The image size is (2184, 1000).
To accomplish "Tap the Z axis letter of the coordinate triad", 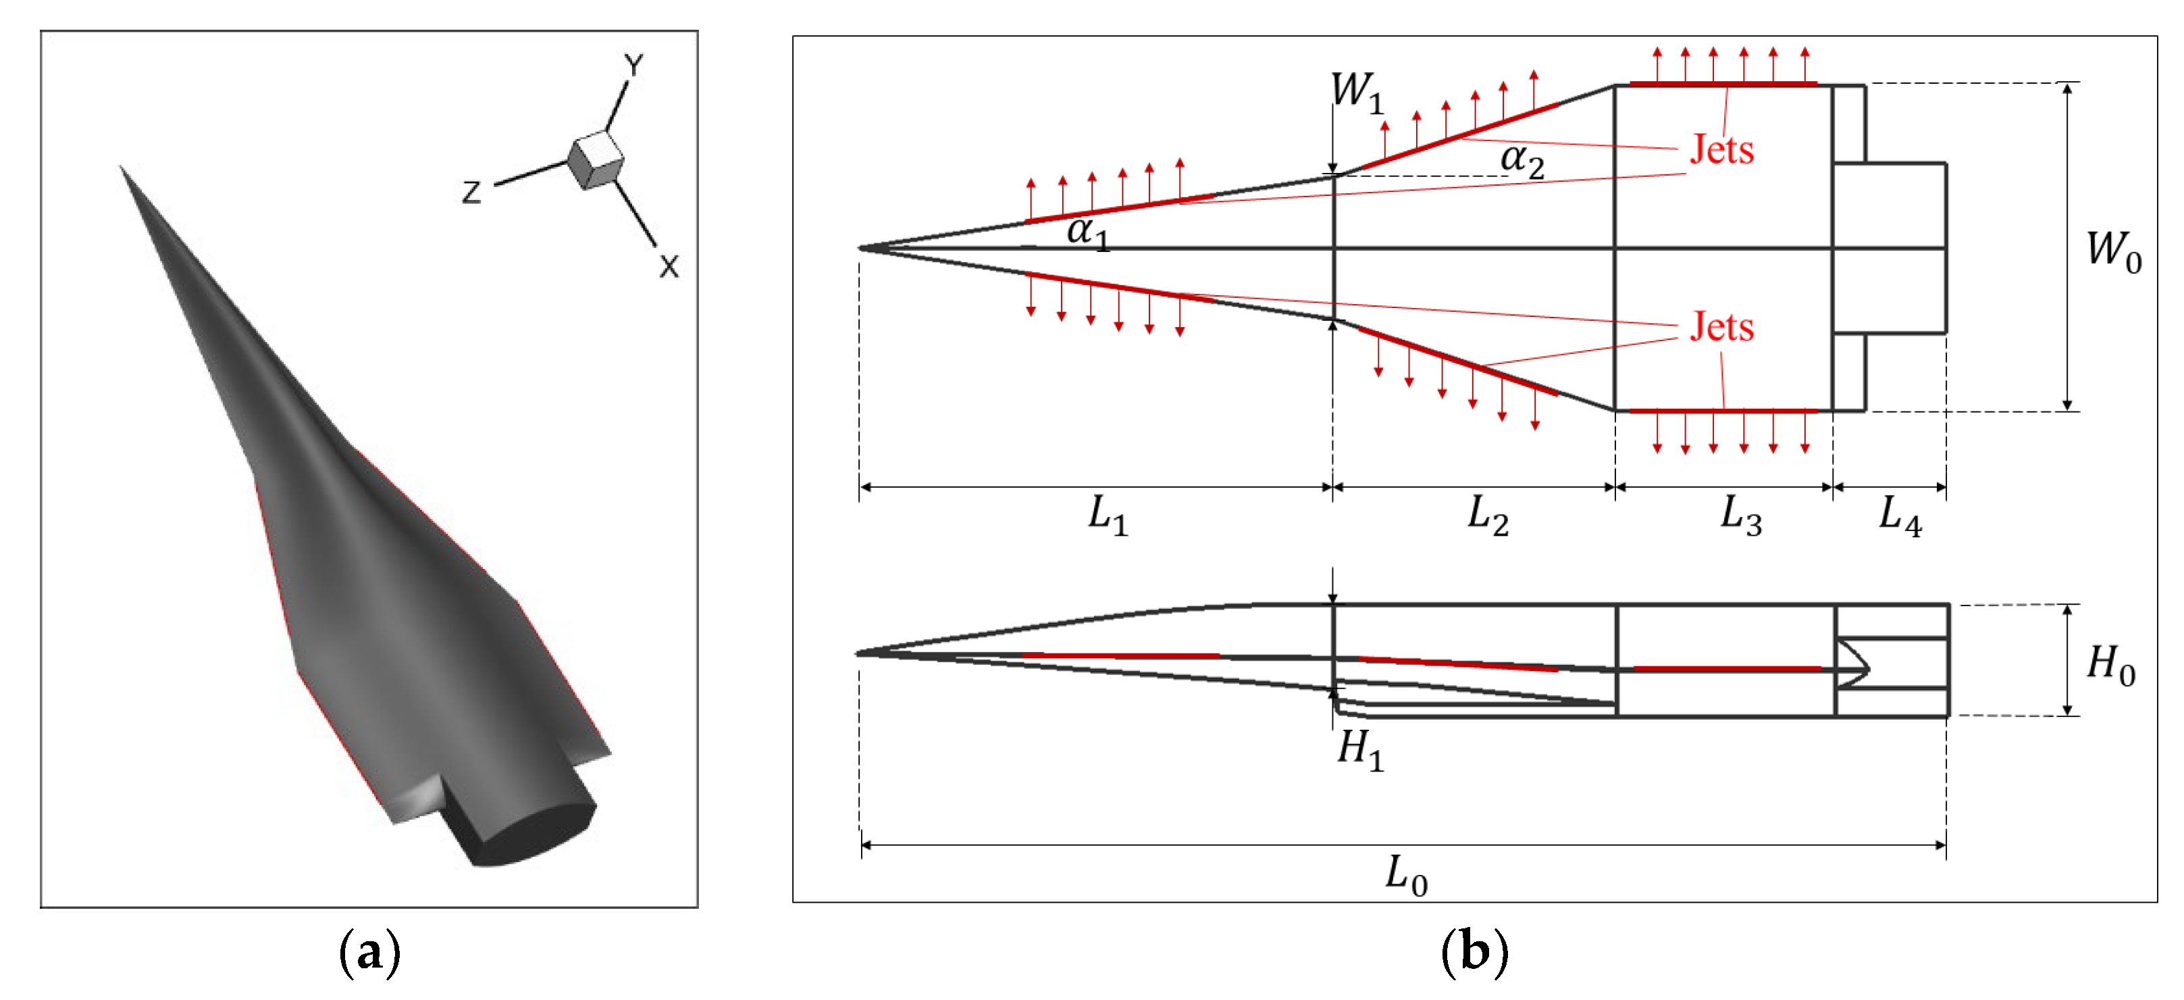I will pyautogui.click(x=471, y=193).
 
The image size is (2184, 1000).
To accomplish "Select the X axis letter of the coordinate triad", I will pyautogui.click(x=669, y=266).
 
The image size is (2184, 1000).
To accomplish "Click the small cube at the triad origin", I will pyautogui.click(x=596, y=159).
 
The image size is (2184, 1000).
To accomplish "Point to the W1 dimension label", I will pyautogui.click(x=1357, y=92).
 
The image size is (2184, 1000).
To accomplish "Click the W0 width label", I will pyautogui.click(x=2114, y=251).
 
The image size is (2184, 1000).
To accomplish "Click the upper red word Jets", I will pyautogui.click(x=1721, y=150).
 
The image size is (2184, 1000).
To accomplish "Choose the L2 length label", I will pyautogui.click(x=1487, y=515).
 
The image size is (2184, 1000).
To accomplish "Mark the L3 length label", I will pyautogui.click(x=1740, y=515).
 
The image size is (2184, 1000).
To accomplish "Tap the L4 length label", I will pyautogui.click(x=1900, y=515).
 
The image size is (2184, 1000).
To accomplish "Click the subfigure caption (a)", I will pyautogui.click(x=369, y=951).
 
